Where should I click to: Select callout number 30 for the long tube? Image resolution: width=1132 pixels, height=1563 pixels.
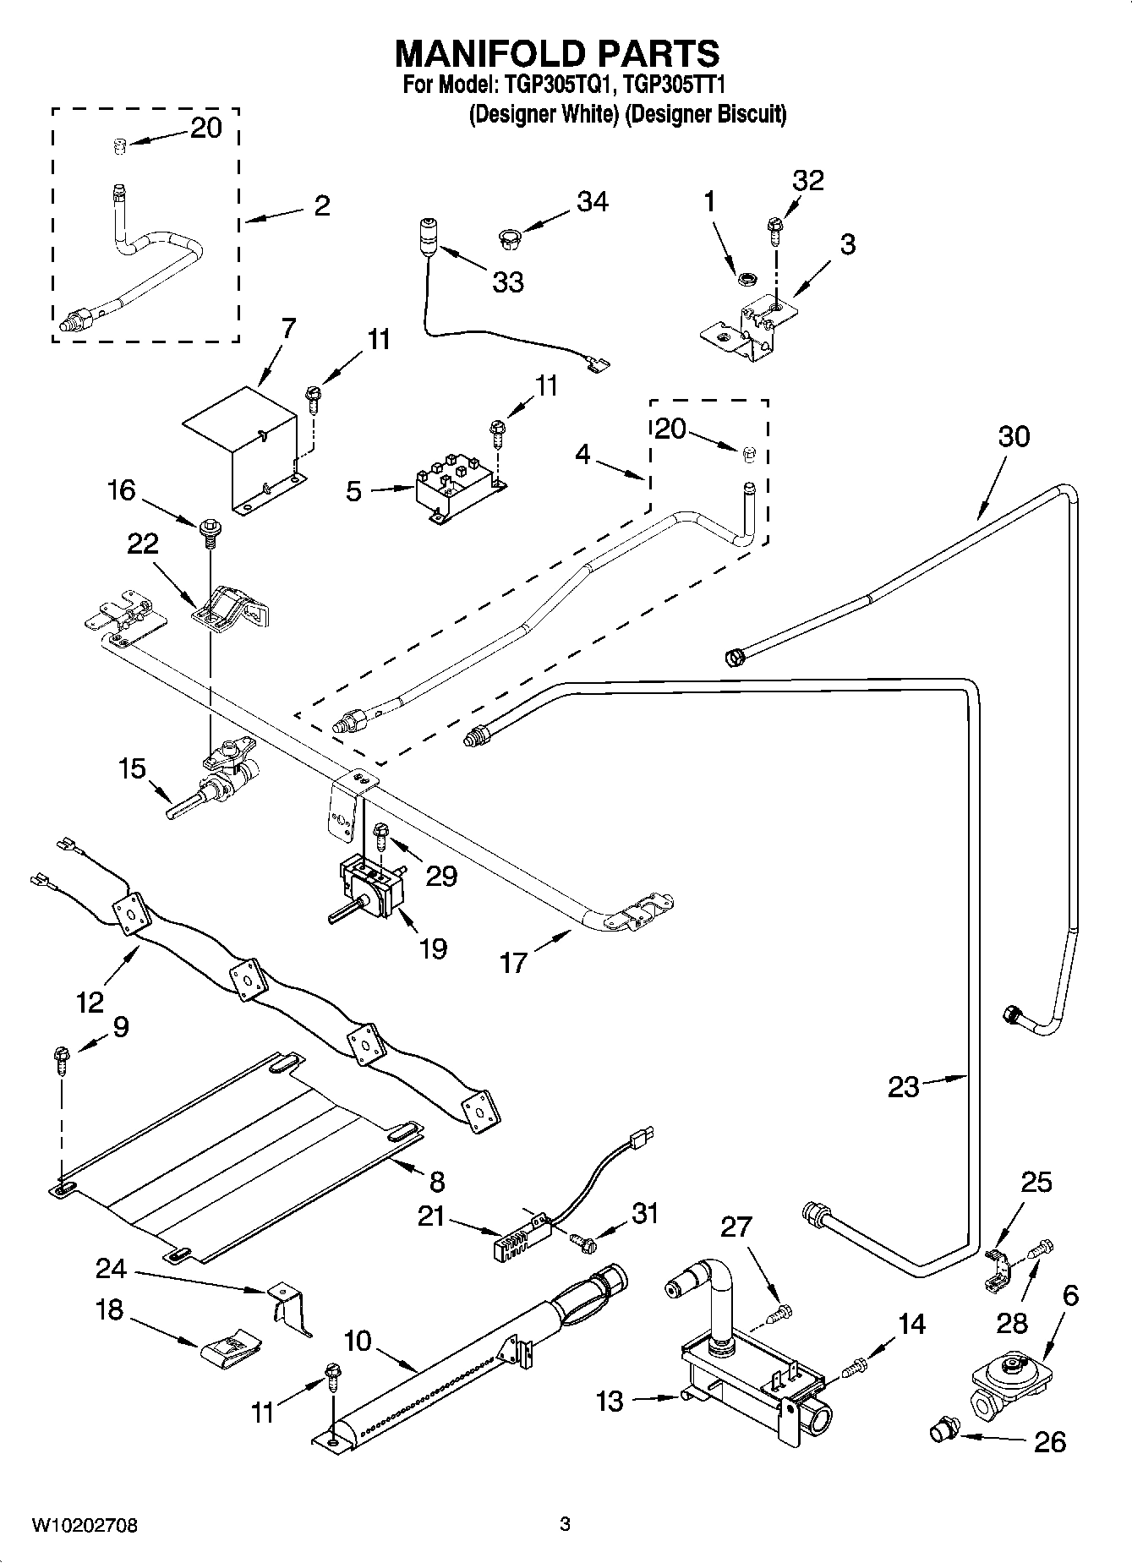1014,436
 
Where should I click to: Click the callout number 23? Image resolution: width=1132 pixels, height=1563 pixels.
903,1086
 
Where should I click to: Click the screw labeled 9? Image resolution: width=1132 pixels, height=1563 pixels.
61,1057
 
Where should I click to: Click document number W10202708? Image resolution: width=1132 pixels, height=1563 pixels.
85,1526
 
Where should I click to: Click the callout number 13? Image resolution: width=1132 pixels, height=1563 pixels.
609,1401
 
